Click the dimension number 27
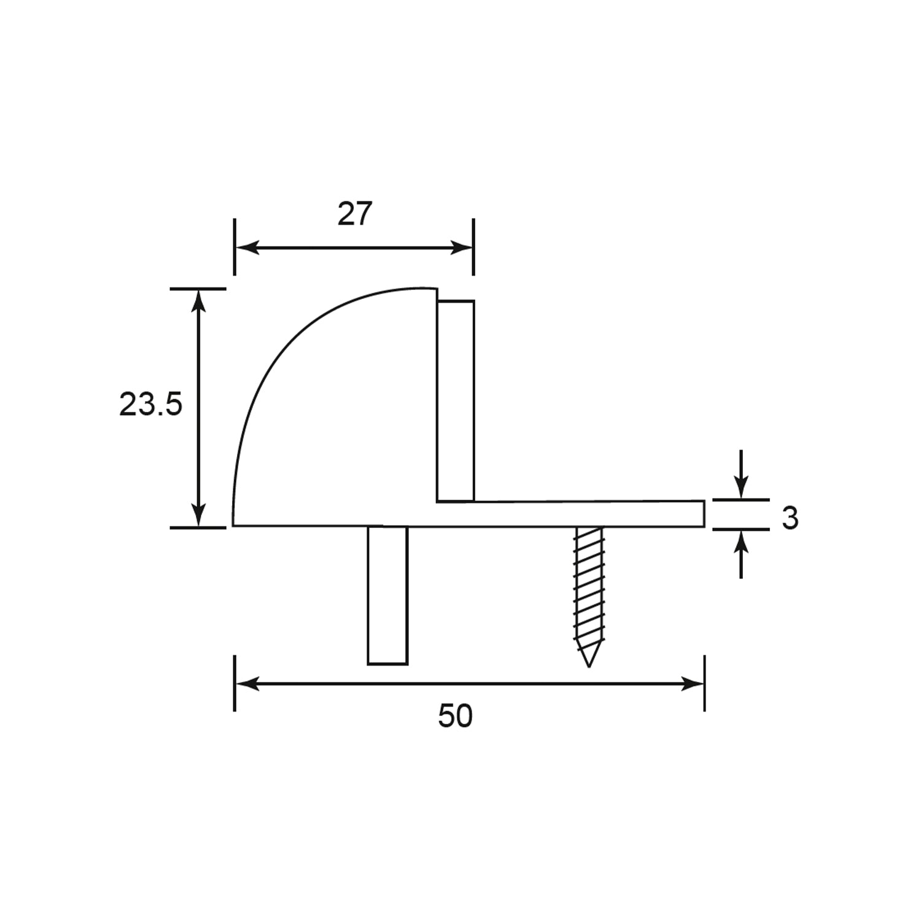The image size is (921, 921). (355, 214)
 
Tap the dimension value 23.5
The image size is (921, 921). (150, 405)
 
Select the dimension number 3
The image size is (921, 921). (790, 519)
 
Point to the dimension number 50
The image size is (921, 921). (455, 716)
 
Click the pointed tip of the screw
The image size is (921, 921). (588, 666)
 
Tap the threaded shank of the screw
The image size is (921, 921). (588, 589)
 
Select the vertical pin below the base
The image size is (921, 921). (387, 595)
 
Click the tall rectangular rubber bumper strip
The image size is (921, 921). (456, 401)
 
